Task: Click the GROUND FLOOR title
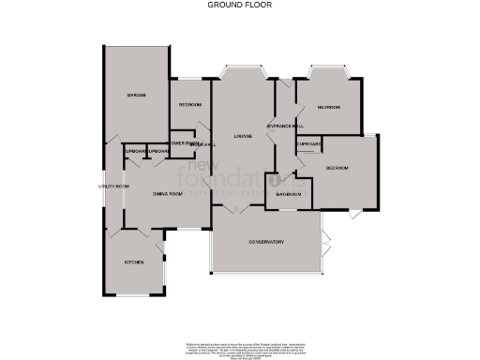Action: (x=240, y=5)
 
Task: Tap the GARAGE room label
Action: (x=137, y=96)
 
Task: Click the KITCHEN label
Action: (x=134, y=262)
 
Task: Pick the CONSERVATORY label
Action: (x=266, y=243)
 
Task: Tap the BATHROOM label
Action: (x=290, y=194)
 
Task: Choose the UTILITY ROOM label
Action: (x=113, y=186)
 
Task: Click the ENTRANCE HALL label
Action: (x=284, y=126)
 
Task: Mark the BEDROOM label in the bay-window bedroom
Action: (x=328, y=107)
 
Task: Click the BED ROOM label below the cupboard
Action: (x=337, y=168)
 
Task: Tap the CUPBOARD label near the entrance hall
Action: (x=309, y=143)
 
